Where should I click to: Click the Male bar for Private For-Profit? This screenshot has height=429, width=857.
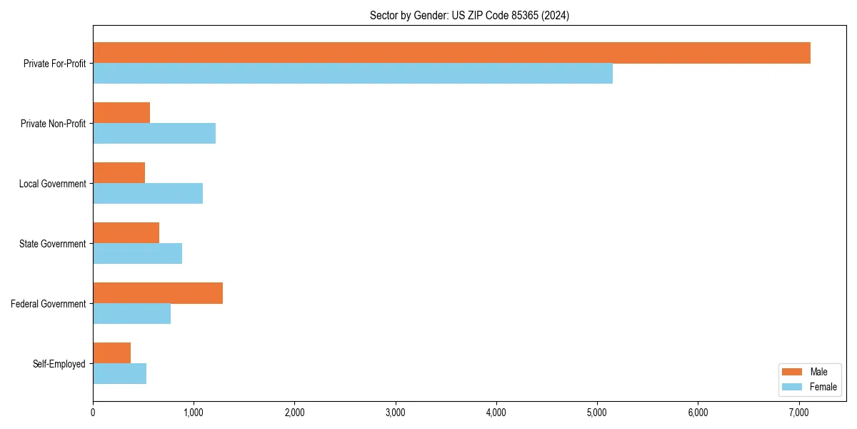(x=451, y=53)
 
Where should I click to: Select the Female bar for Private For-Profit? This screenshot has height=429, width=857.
(x=353, y=74)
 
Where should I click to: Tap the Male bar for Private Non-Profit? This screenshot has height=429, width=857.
(x=121, y=113)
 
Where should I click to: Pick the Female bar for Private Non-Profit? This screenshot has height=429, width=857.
(x=154, y=134)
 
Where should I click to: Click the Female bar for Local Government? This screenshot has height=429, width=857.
(x=148, y=194)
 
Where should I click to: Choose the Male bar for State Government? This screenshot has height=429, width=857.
(x=126, y=233)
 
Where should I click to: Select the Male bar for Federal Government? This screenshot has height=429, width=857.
(x=158, y=293)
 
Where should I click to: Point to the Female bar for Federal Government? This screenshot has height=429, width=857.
(x=131, y=314)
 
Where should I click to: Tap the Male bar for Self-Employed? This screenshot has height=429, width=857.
(x=111, y=353)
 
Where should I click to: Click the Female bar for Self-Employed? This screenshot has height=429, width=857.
(x=119, y=374)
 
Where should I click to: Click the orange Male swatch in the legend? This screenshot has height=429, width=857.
(x=793, y=372)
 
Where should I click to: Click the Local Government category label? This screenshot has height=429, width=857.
(x=52, y=184)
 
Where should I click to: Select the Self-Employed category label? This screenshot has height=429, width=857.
(x=59, y=364)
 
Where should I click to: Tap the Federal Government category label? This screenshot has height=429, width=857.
(x=48, y=304)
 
